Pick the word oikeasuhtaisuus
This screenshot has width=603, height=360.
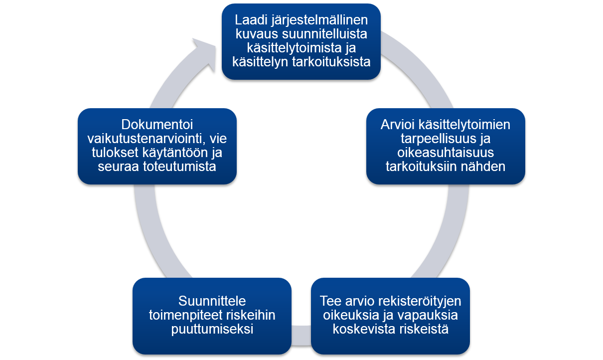pos(446,153)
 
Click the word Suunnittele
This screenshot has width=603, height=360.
pos(212,301)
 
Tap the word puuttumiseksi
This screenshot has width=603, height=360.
pos(212,329)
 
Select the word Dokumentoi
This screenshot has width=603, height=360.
pos(157,125)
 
